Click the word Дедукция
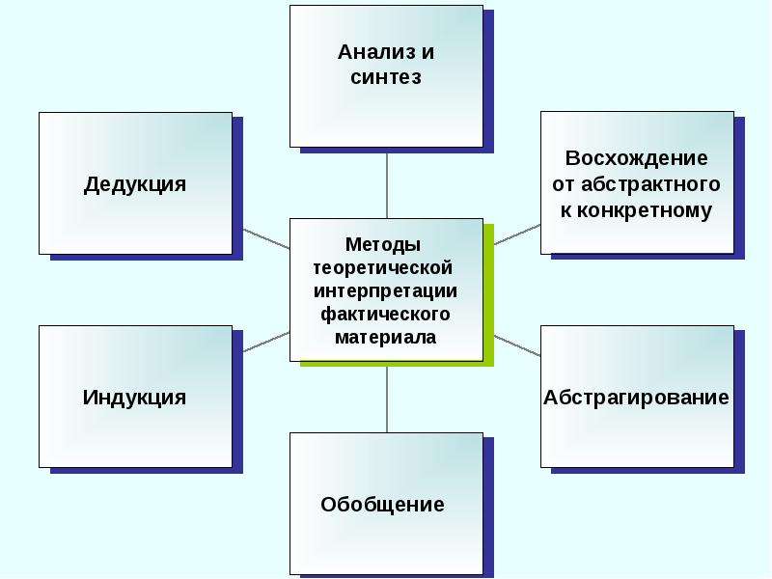tap(135, 184)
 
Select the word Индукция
tap(134, 398)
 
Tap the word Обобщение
tap(382, 505)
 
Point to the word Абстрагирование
tap(636, 398)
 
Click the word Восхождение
tap(636, 158)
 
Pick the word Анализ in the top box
tap(372, 52)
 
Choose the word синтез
tap(386, 77)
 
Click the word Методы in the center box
tap(383, 244)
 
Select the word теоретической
tap(383, 268)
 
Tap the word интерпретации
tap(385, 291)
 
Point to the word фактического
tap(385, 315)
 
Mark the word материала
tap(385, 338)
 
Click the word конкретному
tap(645, 210)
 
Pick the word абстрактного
tap(650, 184)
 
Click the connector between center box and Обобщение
tap(387, 400)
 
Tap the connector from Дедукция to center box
tap(266, 238)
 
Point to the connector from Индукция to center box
tap(266, 342)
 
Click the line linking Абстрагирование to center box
tap(517, 345)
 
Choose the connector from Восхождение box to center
tap(517, 234)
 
